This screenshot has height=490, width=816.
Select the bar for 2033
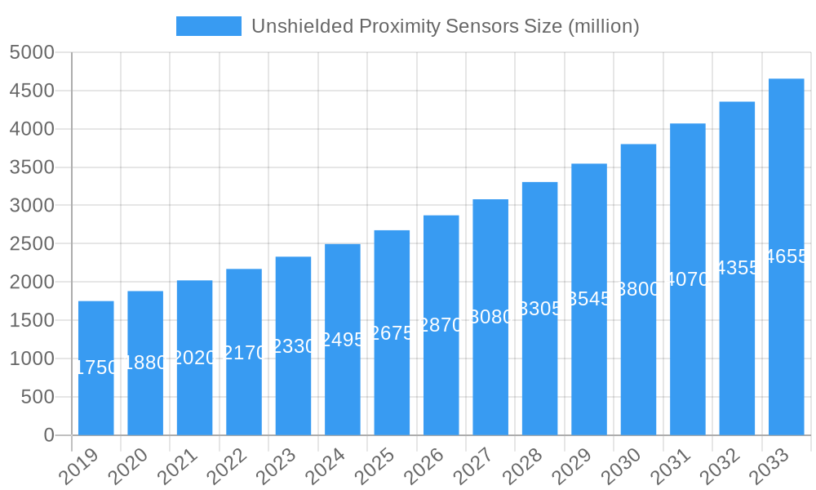pyautogui.click(x=786, y=256)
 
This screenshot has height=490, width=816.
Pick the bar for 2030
pyautogui.click(x=638, y=289)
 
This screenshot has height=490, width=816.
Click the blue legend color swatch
pyautogui.click(x=209, y=26)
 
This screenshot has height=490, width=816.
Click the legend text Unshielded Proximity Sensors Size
pyautogui.click(x=445, y=26)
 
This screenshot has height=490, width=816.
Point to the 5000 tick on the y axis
pyautogui.click(x=32, y=52)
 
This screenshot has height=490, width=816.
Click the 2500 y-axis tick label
pyautogui.click(x=32, y=243)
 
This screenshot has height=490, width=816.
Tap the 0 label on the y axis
pyautogui.click(x=48, y=435)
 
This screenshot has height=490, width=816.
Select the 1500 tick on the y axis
pyautogui.click(x=32, y=320)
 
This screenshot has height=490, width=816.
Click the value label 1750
pyautogui.click(x=96, y=367)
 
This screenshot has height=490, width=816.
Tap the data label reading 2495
pyautogui.click(x=343, y=339)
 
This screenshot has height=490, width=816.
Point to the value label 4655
pyautogui.click(x=787, y=256)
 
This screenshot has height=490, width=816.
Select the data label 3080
pyautogui.click(x=490, y=317)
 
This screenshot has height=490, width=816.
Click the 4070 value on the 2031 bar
pyautogui.click(x=688, y=279)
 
